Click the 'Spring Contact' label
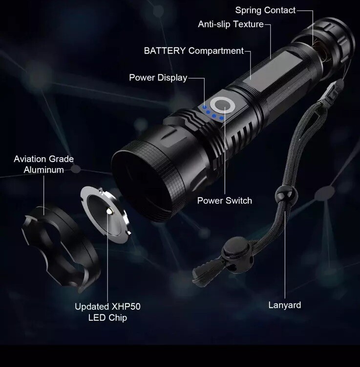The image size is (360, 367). (x=265, y=11)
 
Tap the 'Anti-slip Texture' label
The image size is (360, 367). (x=231, y=24)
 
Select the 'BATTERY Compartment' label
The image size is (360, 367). (x=194, y=51)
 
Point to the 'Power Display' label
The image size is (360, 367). (x=158, y=78)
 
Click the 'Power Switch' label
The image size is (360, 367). (x=225, y=201)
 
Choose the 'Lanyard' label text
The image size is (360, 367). (x=285, y=305)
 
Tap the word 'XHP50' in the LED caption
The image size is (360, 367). (x=126, y=306)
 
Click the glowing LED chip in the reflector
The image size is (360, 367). (x=109, y=211)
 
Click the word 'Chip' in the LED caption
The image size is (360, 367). (x=118, y=318)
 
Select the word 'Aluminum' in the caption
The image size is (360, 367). (x=44, y=170)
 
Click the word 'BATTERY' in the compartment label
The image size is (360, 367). (x=165, y=51)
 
